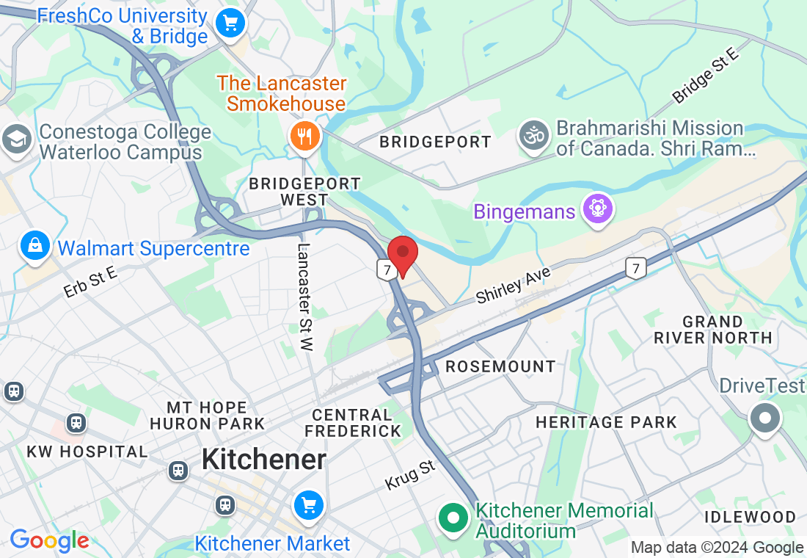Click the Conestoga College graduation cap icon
16,139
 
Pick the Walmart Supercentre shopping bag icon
34,246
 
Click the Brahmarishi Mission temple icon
533,137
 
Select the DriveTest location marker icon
765,418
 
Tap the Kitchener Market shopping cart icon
308,506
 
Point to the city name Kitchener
263,460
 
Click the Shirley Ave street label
513,286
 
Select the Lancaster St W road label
305,297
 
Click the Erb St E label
90,283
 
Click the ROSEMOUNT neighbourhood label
500,366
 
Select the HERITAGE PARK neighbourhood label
606,422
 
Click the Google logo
49,541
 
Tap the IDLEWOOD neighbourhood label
750,517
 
